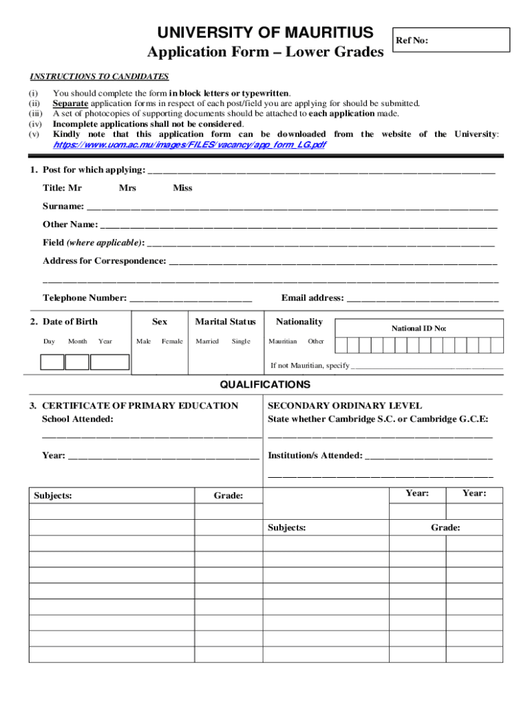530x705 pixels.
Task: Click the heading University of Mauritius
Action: tap(266, 32)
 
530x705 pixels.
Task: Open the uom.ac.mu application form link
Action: tap(189, 145)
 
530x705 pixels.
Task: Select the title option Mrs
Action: tap(127, 188)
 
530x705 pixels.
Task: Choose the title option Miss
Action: tap(182, 188)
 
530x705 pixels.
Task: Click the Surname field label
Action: tap(63, 206)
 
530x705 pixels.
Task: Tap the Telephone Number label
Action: tap(85, 298)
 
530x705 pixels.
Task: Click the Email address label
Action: tap(312, 298)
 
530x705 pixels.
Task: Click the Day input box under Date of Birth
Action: tap(52, 362)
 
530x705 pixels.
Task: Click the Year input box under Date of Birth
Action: tap(109, 362)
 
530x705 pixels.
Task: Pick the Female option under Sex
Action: tap(172, 341)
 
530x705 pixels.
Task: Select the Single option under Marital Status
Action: tap(241, 341)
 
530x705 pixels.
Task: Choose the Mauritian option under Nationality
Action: tap(282, 341)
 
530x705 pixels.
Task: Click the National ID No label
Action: tap(419, 328)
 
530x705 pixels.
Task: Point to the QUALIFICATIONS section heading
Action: tap(265, 385)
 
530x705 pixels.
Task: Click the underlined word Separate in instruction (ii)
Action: tap(67, 103)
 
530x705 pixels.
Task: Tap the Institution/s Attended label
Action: tap(315, 456)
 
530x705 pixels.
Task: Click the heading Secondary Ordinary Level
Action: tap(345, 406)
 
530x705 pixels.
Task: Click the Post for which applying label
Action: tap(94, 170)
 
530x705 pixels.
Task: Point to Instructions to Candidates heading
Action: tap(99, 76)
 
